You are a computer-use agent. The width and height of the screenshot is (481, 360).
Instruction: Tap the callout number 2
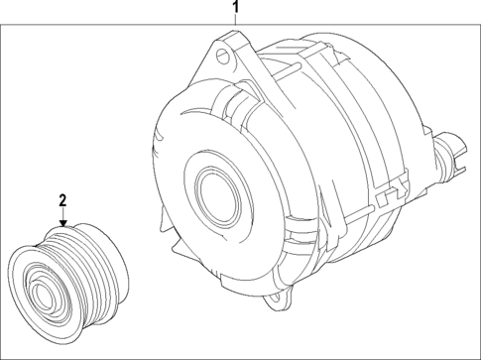[x=61, y=201]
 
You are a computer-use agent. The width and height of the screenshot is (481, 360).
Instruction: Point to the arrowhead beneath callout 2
[x=61, y=225]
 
